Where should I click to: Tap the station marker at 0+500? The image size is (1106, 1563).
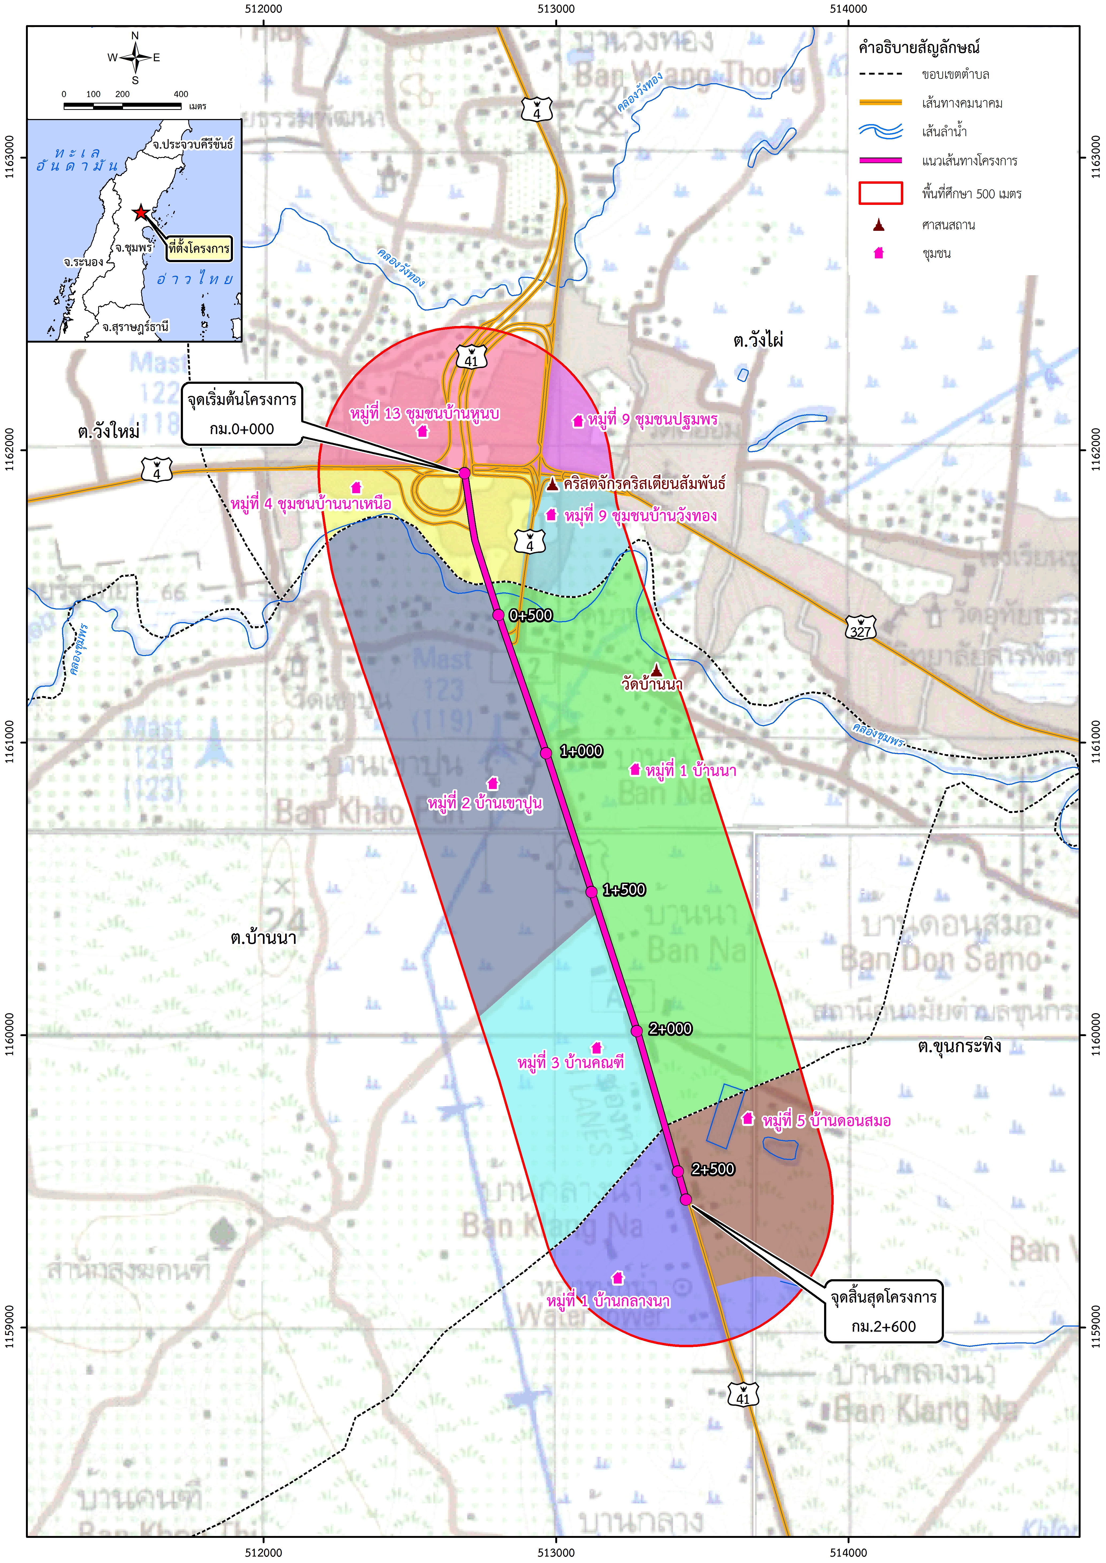(x=499, y=615)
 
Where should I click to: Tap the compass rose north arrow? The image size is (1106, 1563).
(x=136, y=57)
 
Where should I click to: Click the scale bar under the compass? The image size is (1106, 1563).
(x=123, y=106)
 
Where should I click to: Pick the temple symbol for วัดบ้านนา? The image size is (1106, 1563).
(x=656, y=670)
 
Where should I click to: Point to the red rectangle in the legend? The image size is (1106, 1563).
(x=880, y=193)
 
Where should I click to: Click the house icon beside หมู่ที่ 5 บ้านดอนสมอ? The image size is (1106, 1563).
(x=748, y=1118)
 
